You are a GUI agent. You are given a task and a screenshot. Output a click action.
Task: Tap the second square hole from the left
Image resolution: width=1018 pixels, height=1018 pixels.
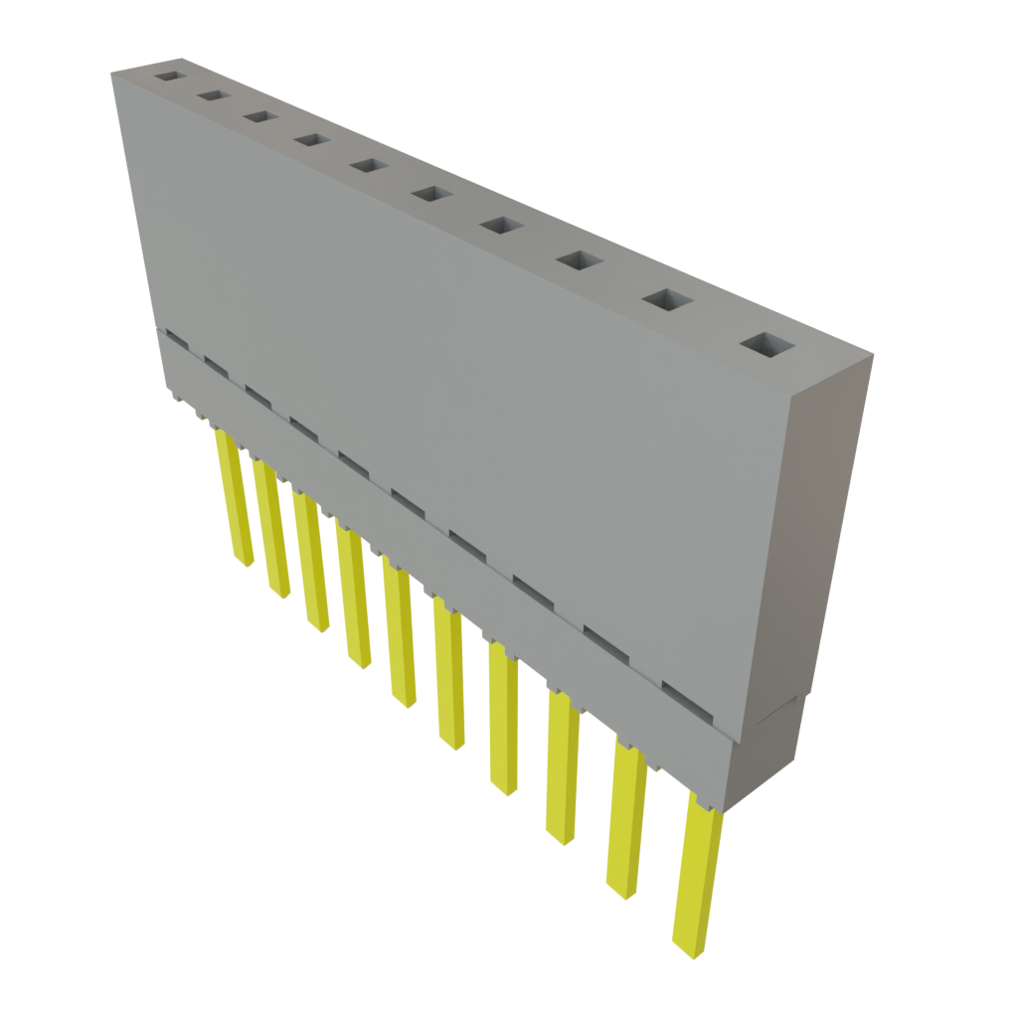(x=212, y=95)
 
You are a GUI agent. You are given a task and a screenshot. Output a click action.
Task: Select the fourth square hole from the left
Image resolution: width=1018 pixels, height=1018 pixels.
(x=311, y=141)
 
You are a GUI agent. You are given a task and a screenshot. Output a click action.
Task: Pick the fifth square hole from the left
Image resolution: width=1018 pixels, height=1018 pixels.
(x=368, y=165)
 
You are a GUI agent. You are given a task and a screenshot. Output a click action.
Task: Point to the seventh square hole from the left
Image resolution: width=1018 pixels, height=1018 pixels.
(x=501, y=226)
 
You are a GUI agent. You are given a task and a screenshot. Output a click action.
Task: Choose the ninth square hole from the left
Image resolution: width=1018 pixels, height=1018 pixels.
(x=669, y=299)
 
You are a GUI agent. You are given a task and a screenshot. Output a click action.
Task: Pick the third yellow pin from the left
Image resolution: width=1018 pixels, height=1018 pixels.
(x=310, y=562)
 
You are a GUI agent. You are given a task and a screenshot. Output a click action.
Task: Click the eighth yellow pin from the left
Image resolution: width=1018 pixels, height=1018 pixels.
(x=562, y=763)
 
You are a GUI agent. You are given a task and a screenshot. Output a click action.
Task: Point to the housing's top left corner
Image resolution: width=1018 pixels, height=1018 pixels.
(x=112, y=73)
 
